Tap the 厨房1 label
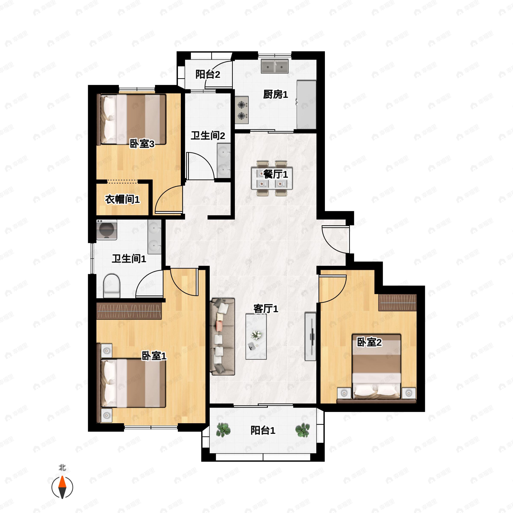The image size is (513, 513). pyautogui.click(x=275, y=94)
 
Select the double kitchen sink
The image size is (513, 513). pyautogui.click(x=274, y=66)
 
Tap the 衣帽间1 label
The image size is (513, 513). pyautogui.click(x=122, y=199)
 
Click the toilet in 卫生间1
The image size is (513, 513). pyautogui.click(x=112, y=286)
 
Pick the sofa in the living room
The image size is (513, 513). pyautogui.click(x=223, y=336)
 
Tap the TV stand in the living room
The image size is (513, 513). pyautogui.click(x=310, y=336)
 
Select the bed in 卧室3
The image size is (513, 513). pyautogui.click(x=132, y=119)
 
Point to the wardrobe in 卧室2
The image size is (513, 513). pyautogui.click(x=397, y=302)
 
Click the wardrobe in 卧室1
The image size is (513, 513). pyautogui.click(x=129, y=311)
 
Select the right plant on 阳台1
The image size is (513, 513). pyautogui.click(x=302, y=430)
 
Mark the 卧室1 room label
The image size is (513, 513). pyautogui.click(x=154, y=356)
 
